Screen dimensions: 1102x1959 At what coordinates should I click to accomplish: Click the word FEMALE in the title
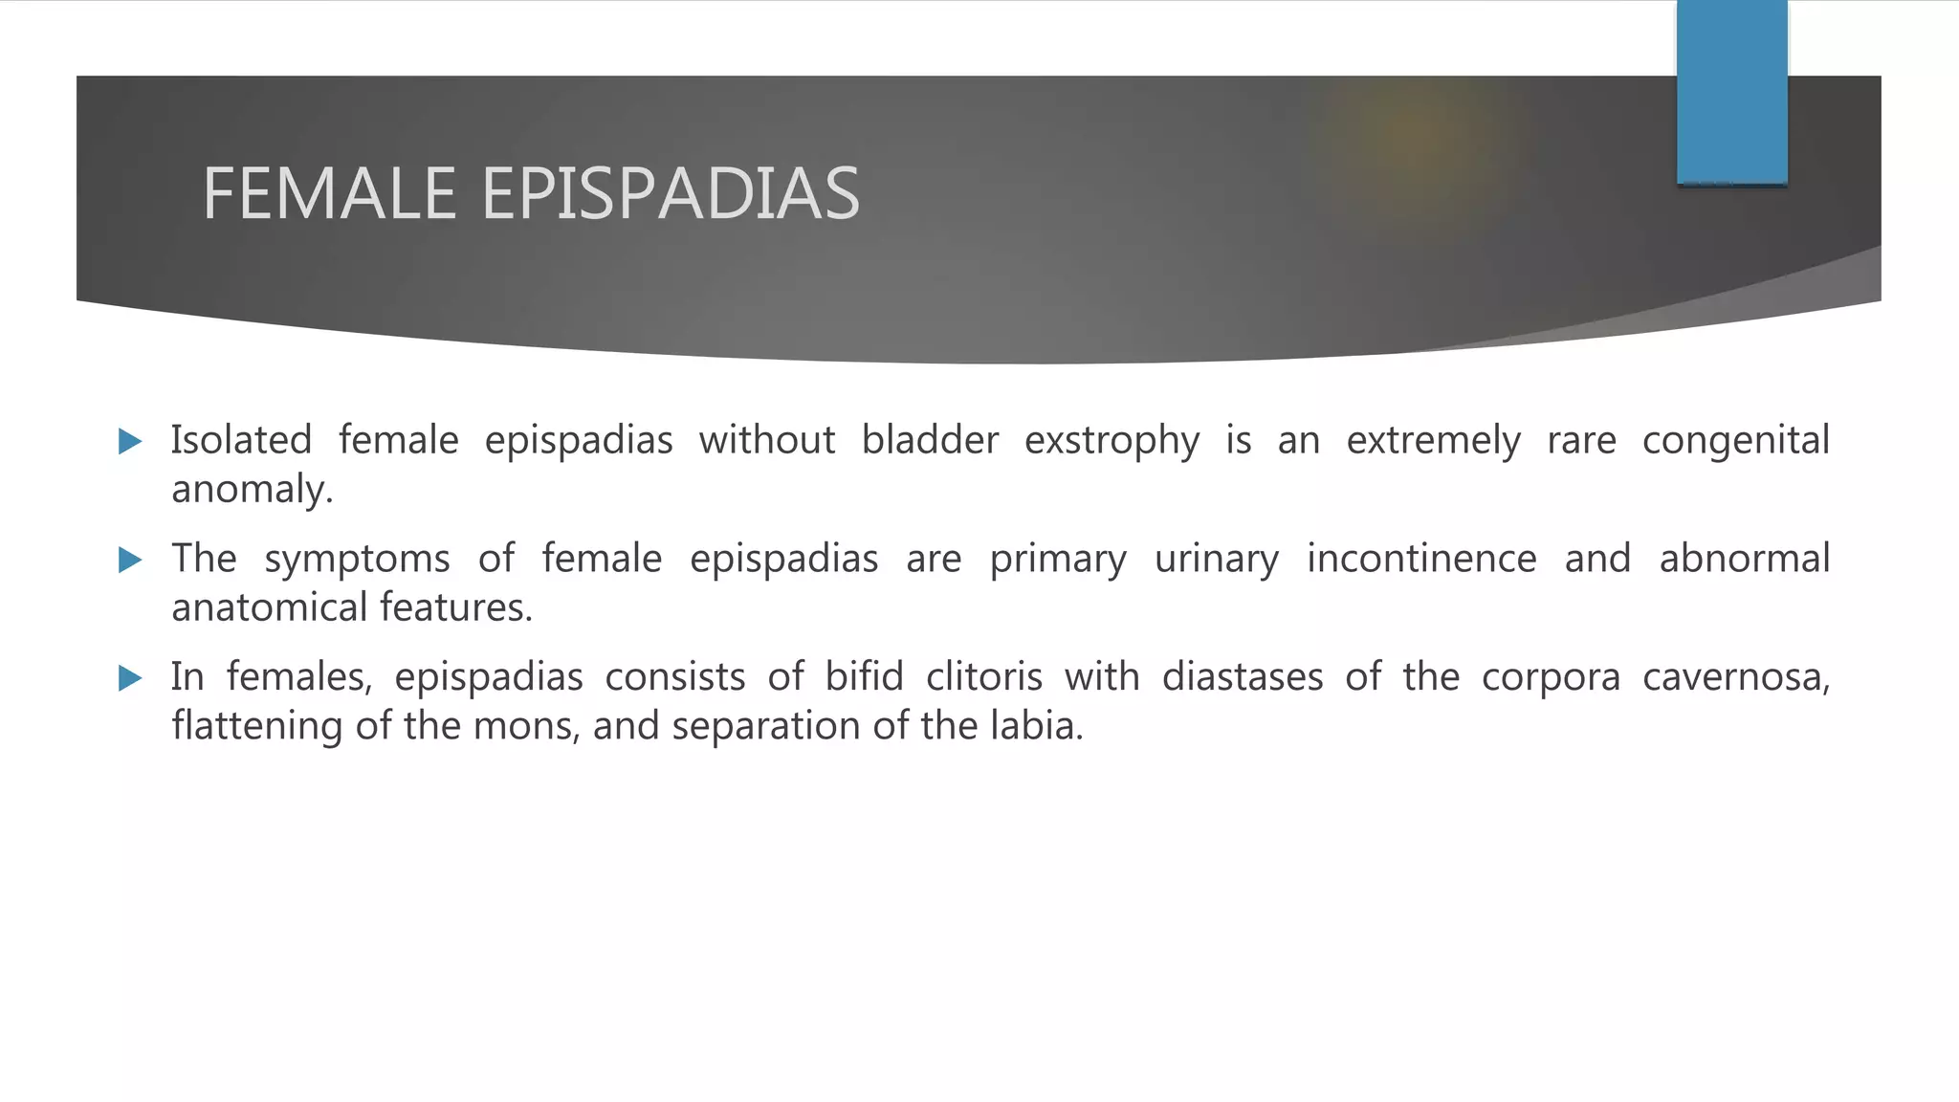tap(329, 194)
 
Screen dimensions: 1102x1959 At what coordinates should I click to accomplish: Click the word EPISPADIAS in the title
tap(671, 194)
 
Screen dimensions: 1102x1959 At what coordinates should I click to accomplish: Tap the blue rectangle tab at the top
tap(1731, 93)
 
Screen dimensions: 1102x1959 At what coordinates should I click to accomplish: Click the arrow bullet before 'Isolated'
tap(130, 441)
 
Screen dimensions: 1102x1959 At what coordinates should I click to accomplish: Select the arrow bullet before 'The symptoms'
tap(130, 560)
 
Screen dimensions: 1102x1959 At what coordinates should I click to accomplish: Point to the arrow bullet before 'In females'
tap(130, 678)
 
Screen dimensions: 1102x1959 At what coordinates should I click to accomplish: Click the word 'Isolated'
tap(241, 440)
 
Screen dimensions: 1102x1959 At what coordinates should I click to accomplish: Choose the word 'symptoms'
tap(357, 560)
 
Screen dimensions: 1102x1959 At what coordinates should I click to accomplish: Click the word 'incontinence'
tap(1421, 559)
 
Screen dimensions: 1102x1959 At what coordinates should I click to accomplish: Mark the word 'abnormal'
tap(1744, 559)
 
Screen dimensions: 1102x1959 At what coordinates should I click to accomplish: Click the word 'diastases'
tap(1242, 677)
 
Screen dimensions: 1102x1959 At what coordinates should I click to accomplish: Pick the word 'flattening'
tap(256, 726)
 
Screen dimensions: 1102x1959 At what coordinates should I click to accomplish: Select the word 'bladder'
tap(930, 440)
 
